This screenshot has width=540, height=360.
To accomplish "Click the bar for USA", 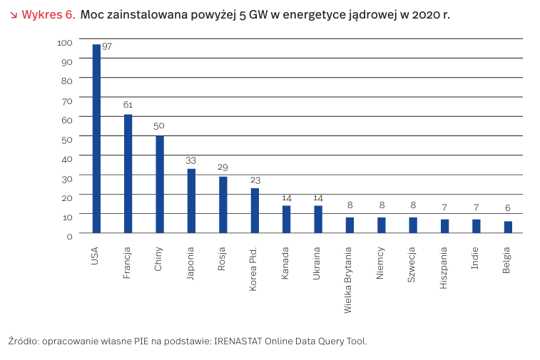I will pyautogui.click(x=96, y=138).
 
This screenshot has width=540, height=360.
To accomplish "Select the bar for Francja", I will pyautogui.click(x=128, y=173).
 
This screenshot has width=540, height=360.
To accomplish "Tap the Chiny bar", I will pyautogui.click(x=160, y=184).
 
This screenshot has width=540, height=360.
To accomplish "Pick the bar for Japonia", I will pyautogui.click(x=191, y=200).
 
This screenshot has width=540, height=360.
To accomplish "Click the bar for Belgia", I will pyautogui.click(x=508, y=227).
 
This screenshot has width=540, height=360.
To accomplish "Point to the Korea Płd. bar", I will pyautogui.click(x=255, y=210).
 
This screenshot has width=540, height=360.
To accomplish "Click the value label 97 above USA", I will pyautogui.click(x=107, y=46).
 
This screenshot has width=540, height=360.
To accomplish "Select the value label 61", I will pyautogui.click(x=128, y=105).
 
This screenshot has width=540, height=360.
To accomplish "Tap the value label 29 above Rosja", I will pyautogui.click(x=223, y=167).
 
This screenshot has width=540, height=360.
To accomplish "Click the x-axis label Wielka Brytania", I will pyautogui.click(x=349, y=280).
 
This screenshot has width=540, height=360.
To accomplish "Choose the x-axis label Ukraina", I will pyautogui.click(x=317, y=263).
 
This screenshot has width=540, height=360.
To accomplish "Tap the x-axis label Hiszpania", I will pyautogui.click(x=444, y=267).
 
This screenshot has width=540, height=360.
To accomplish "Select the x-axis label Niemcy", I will pyautogui.click(x=381, y=264).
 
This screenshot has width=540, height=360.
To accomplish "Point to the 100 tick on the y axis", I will pyautogui.click(x=65, y=43).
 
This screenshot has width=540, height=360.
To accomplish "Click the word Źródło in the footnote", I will pyautogui.click(x=24, y=341).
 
